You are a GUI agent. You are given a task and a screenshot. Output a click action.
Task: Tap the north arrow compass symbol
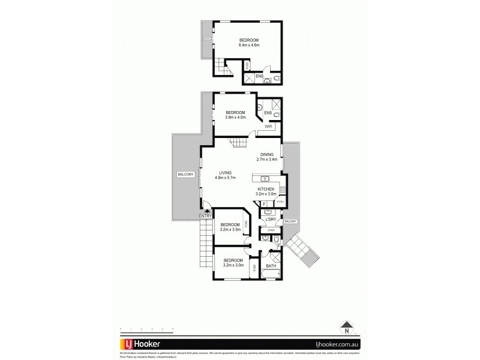[346, 328]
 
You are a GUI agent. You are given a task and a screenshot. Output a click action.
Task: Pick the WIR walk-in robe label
[268, 127]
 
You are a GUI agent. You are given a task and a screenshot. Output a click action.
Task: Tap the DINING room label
[267, 154]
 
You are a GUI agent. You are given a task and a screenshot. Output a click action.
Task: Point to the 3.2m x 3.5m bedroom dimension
[230, 229]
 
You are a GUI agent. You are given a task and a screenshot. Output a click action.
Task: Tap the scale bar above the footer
[146, 328]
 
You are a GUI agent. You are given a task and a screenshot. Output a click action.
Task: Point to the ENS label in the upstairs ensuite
[259, 76]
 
